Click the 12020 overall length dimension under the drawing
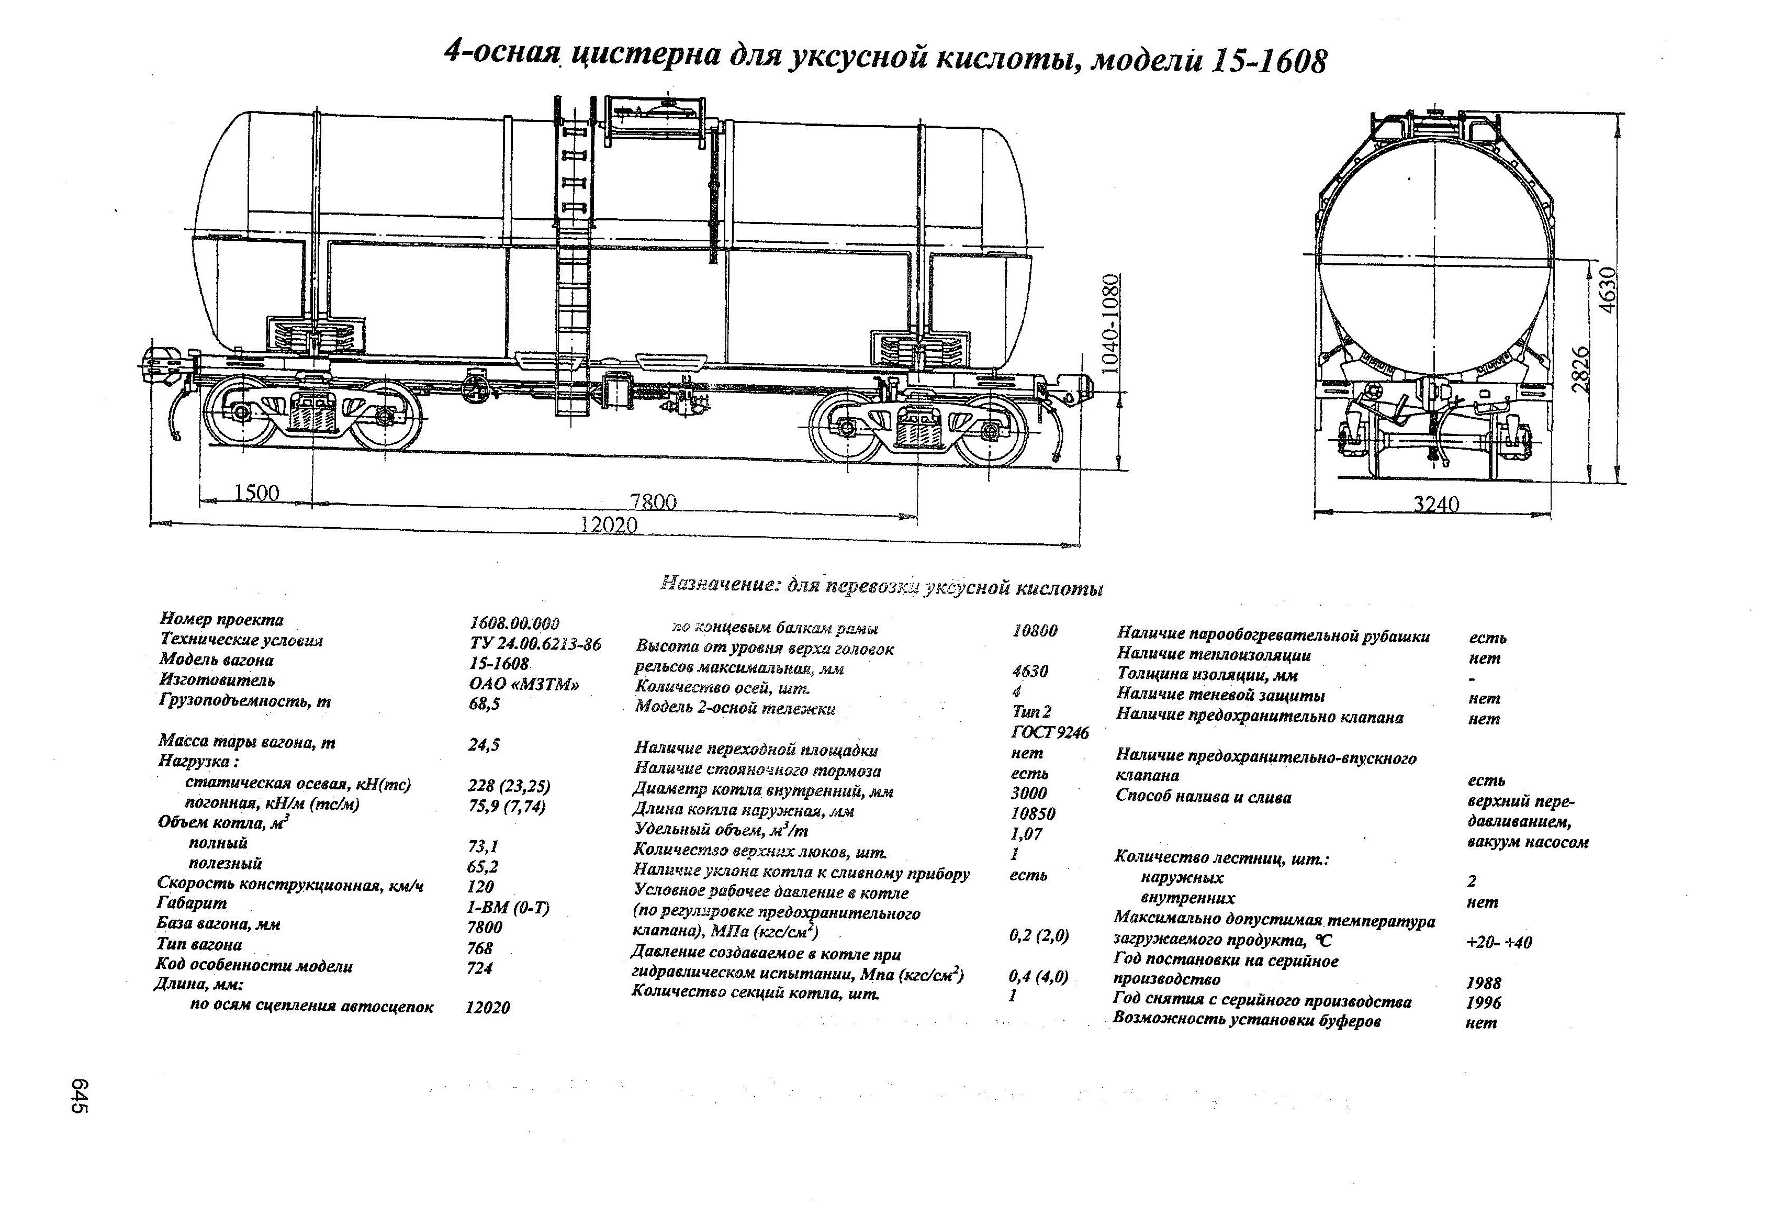pos(608,525)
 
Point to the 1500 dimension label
pos(256,493)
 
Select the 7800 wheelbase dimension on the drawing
pos(653,501)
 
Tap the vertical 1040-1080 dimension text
pos(1113,323)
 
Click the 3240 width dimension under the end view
pos(1437,505)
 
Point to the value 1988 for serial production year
pos(1483,982)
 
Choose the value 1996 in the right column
pos(1483,1002)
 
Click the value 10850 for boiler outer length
pos(1033,813)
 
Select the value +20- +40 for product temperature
pos(1498,942)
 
